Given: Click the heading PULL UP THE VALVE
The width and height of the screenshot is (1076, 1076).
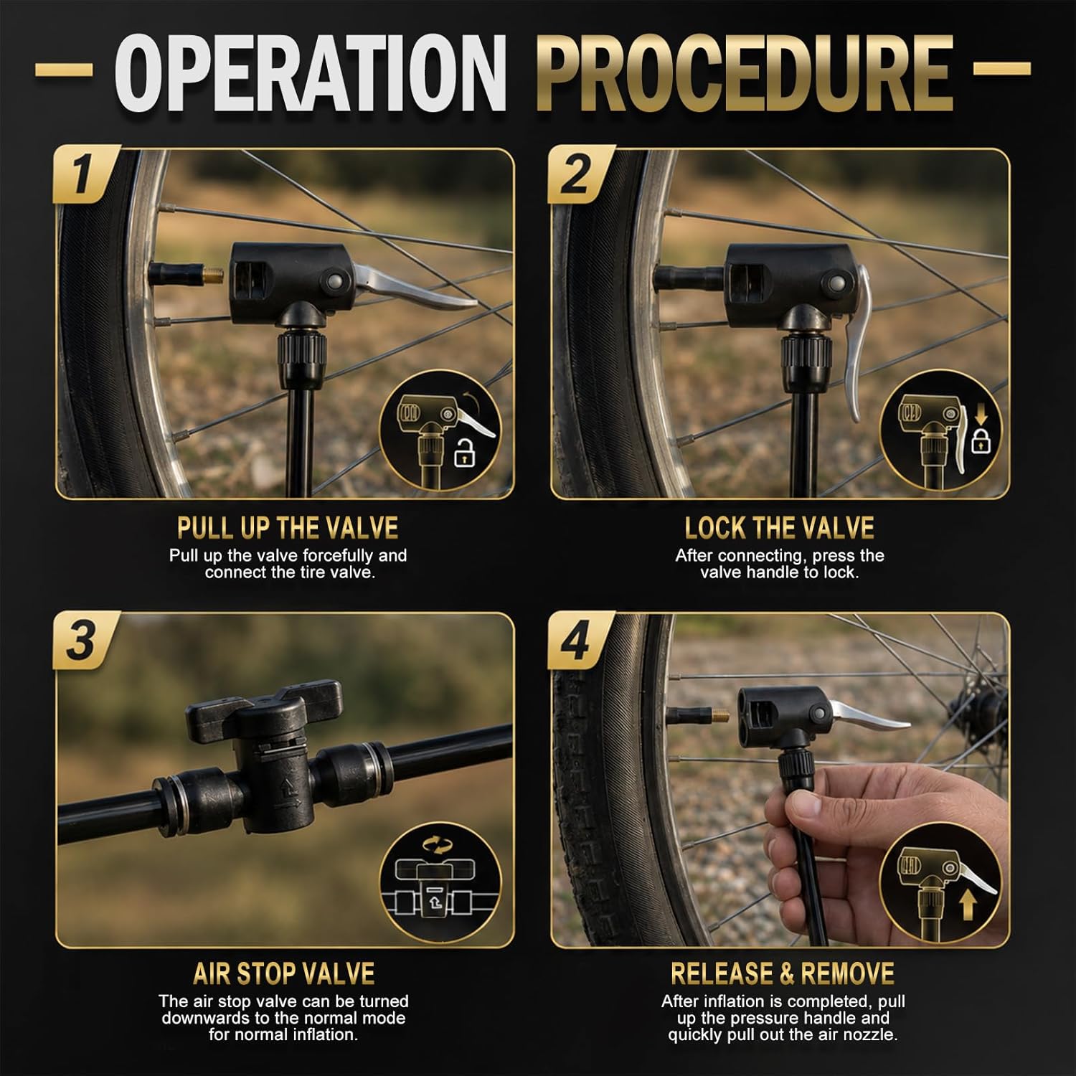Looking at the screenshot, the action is [288, 528].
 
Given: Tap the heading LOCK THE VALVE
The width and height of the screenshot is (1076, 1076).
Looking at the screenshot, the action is [780, 528].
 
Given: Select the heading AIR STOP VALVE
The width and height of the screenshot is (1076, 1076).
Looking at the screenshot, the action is [284, 973].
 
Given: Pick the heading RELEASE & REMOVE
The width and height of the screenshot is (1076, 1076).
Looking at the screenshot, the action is [783, 973].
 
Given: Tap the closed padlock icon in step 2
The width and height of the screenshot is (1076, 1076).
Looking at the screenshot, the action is [979, 439].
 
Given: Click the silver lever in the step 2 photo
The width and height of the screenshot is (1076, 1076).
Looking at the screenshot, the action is [859, 344].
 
